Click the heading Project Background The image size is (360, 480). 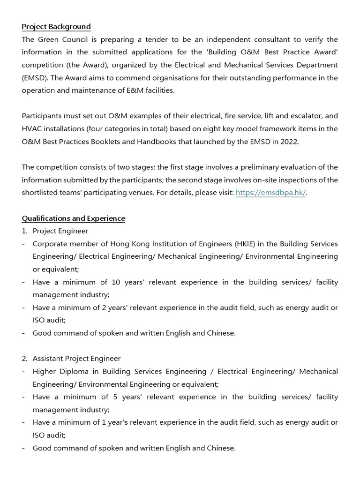[56, 27]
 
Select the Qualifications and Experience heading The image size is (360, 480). [74, 218]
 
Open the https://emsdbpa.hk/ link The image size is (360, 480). [270, 193]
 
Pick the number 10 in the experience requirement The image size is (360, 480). [116, 282]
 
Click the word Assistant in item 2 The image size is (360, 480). [50, 359]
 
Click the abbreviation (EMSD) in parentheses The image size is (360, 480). [33, 78]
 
